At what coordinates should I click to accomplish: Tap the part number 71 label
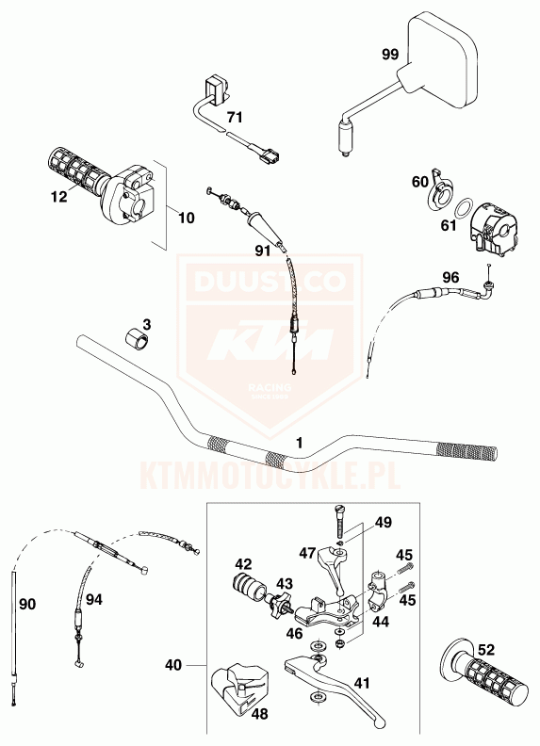click(x=235, y=117)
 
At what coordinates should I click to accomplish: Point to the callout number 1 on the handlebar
click(x=300, y=443)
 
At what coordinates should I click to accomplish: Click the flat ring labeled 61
click(x=462, y=209)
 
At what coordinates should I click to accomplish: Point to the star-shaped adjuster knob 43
click(x=279, y=608)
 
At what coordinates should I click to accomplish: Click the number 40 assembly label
click(x=173, y=665)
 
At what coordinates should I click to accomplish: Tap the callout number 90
click(x=27, y=604)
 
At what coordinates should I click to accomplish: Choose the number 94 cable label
click(x=94, y=599)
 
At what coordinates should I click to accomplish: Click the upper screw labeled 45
click(x=403, y=568)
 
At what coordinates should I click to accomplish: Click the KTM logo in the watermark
click(x=270, y=339)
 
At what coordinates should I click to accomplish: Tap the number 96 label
click(x=451, y=277)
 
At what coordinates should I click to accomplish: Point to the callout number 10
click(x=187, y=218)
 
